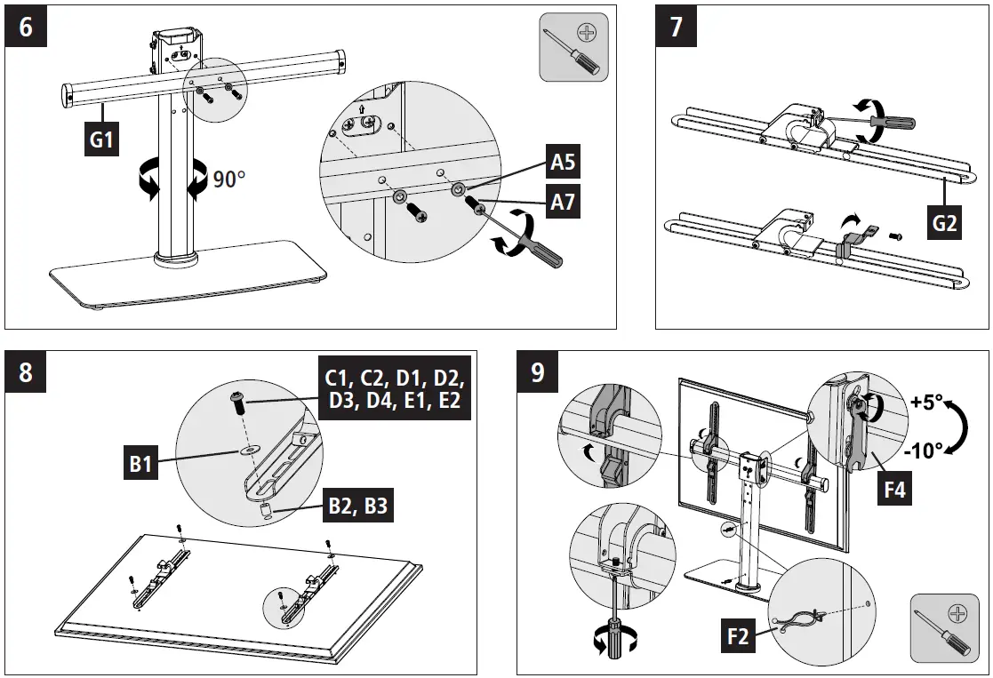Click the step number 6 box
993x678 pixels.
26,27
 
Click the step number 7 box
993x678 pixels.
677,27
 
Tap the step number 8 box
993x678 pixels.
26,371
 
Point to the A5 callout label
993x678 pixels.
563,162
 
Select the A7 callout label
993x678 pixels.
563,202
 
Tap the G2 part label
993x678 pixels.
943,222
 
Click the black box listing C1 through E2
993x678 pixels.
392,387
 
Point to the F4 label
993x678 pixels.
893,488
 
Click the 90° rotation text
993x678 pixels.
228,179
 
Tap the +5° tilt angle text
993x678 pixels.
927,402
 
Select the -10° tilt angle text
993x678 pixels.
925,451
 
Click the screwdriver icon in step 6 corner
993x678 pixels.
573,45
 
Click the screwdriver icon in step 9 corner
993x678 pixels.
944,627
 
